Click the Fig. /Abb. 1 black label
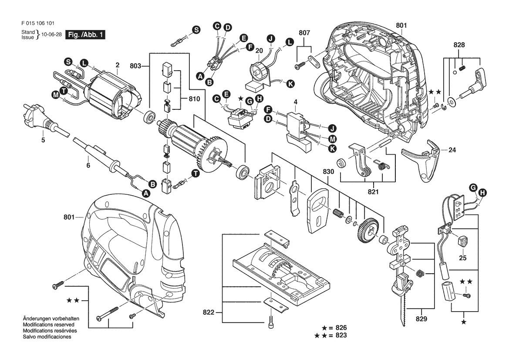(85, 34)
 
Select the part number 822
(209, 312)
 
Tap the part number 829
(421, 319)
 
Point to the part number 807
(304, 33)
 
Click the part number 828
(459, 45)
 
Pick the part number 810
(194, 99)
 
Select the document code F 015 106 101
(37, 23)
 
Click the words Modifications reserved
(49, 325)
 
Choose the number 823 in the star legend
(341, 335)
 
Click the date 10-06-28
(52, 34)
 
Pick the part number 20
(259, 51)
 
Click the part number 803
(135, 66)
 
